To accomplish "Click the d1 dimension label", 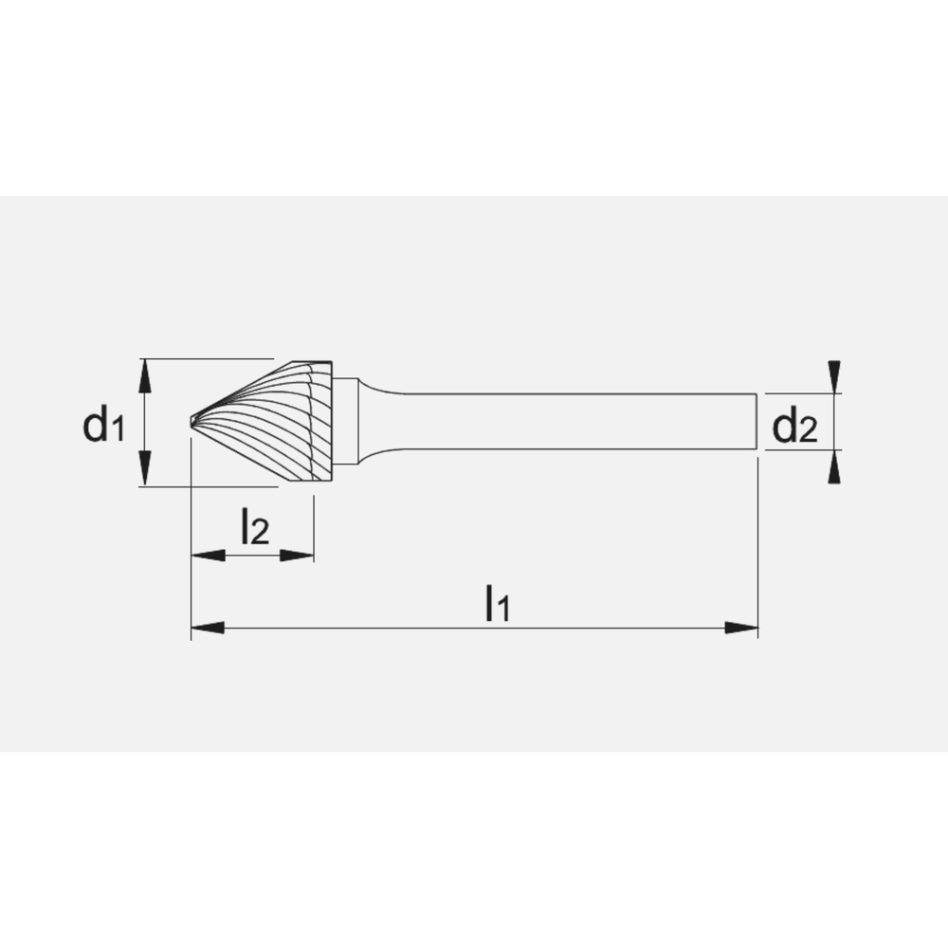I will pyautogui.click(x=103, y=425).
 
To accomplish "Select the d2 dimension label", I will pyautogui.click(x=793, y=427).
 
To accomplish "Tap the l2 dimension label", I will pyautogui.click(x=254, y=526).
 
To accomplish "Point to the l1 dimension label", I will pyautogui.click(x=497, y=602).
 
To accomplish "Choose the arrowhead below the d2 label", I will pyautogui.click(x=833, y=466).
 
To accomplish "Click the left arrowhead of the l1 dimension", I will pyautogui.click(x=207, y=628).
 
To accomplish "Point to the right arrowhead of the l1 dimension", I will pyautogui.click(x=742, y=628).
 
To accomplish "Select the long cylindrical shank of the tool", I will pyautogui.click(x=569, y=421).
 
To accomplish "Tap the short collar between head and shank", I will pyautogui.click(x=348, y=421).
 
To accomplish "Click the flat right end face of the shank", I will pyautogui.click(x=757, y=421).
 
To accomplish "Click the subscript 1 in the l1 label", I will pyautogui.click(x=505, y=611).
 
